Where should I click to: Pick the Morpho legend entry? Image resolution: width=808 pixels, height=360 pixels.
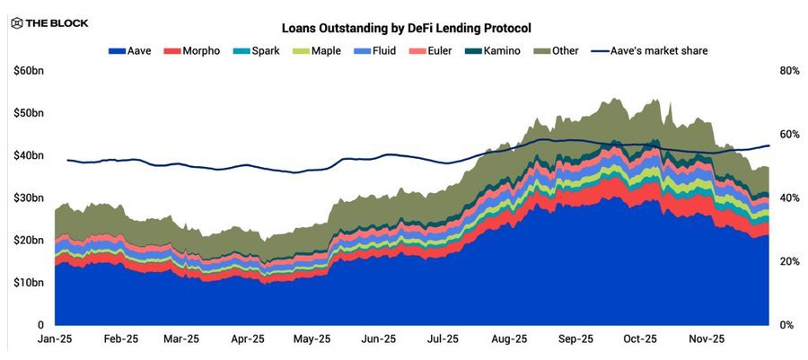[x=197, y=51]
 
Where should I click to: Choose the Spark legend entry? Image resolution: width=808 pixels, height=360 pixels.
[x=259, y=51]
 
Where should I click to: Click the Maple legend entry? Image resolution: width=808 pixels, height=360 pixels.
[x=316, y=51]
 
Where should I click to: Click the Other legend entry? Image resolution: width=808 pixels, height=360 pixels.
[x=557, y=51]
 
